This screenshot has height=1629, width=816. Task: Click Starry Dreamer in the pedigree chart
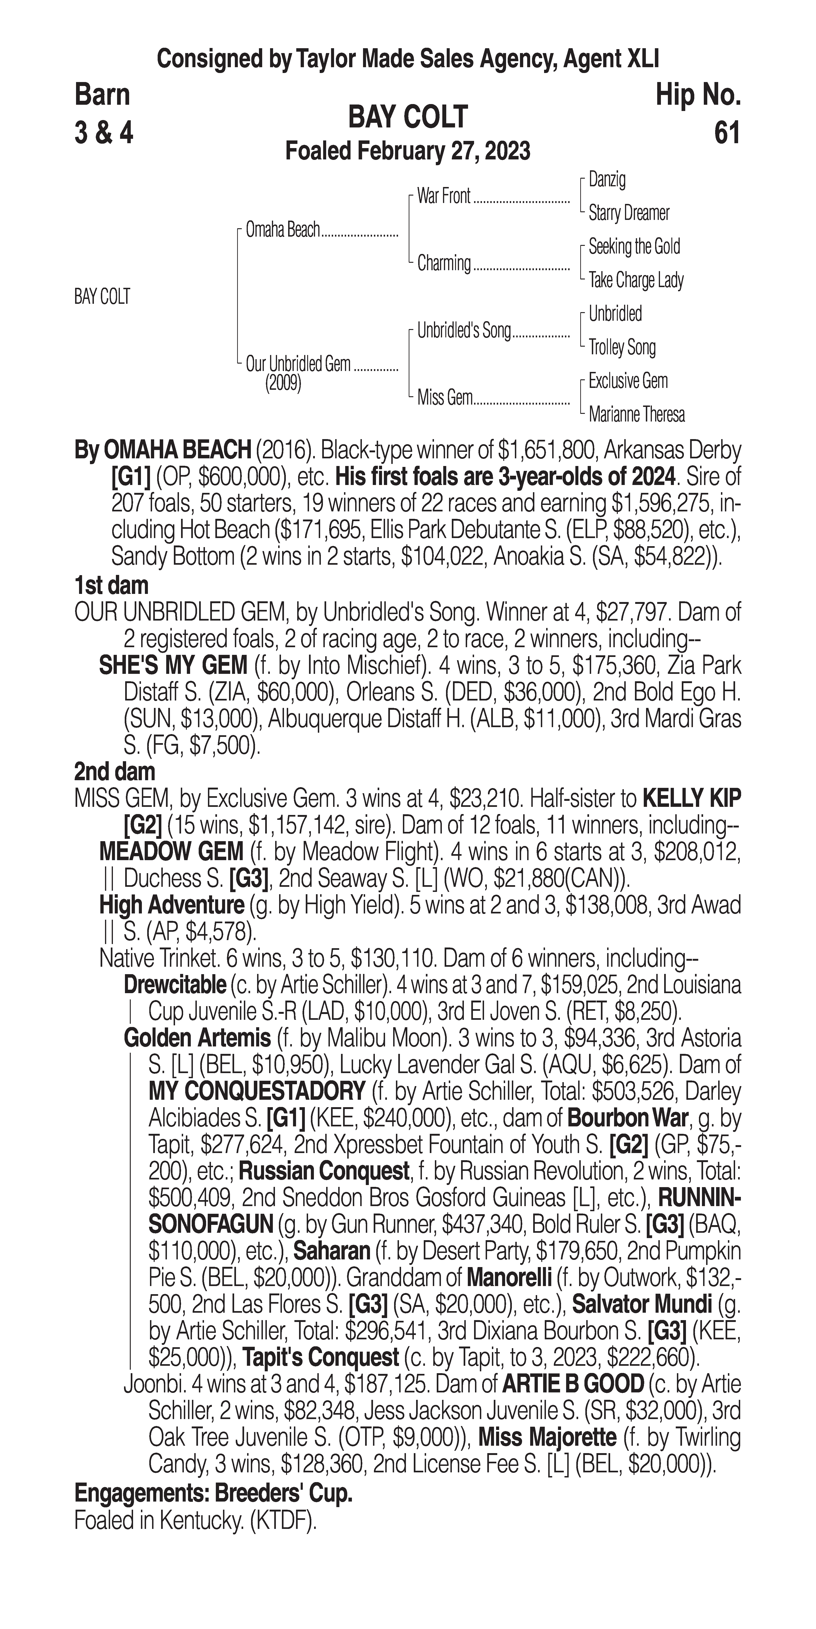(x=628, y=213)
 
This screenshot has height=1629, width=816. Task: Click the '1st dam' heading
(x=111, y=585)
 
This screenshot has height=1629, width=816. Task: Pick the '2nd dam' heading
(x=115, y=771)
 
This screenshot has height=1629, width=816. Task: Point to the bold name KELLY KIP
(x=691, y=799)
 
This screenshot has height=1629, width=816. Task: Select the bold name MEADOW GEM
(x=171, y=852)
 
